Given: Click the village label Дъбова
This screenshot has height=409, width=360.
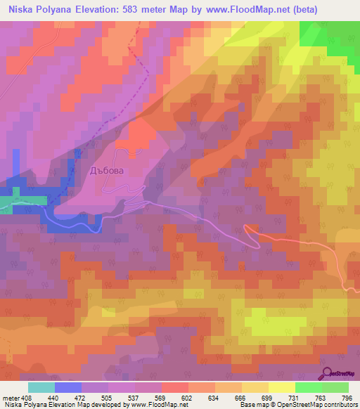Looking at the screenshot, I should pos(107,170).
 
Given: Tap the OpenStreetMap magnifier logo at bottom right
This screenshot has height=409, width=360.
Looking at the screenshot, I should pos(328,373).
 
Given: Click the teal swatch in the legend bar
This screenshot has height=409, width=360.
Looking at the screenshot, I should pos(41,387).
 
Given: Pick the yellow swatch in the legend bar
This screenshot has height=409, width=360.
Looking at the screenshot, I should pos(282,387).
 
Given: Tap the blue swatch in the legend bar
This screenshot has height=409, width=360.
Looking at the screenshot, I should pos(68,387).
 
